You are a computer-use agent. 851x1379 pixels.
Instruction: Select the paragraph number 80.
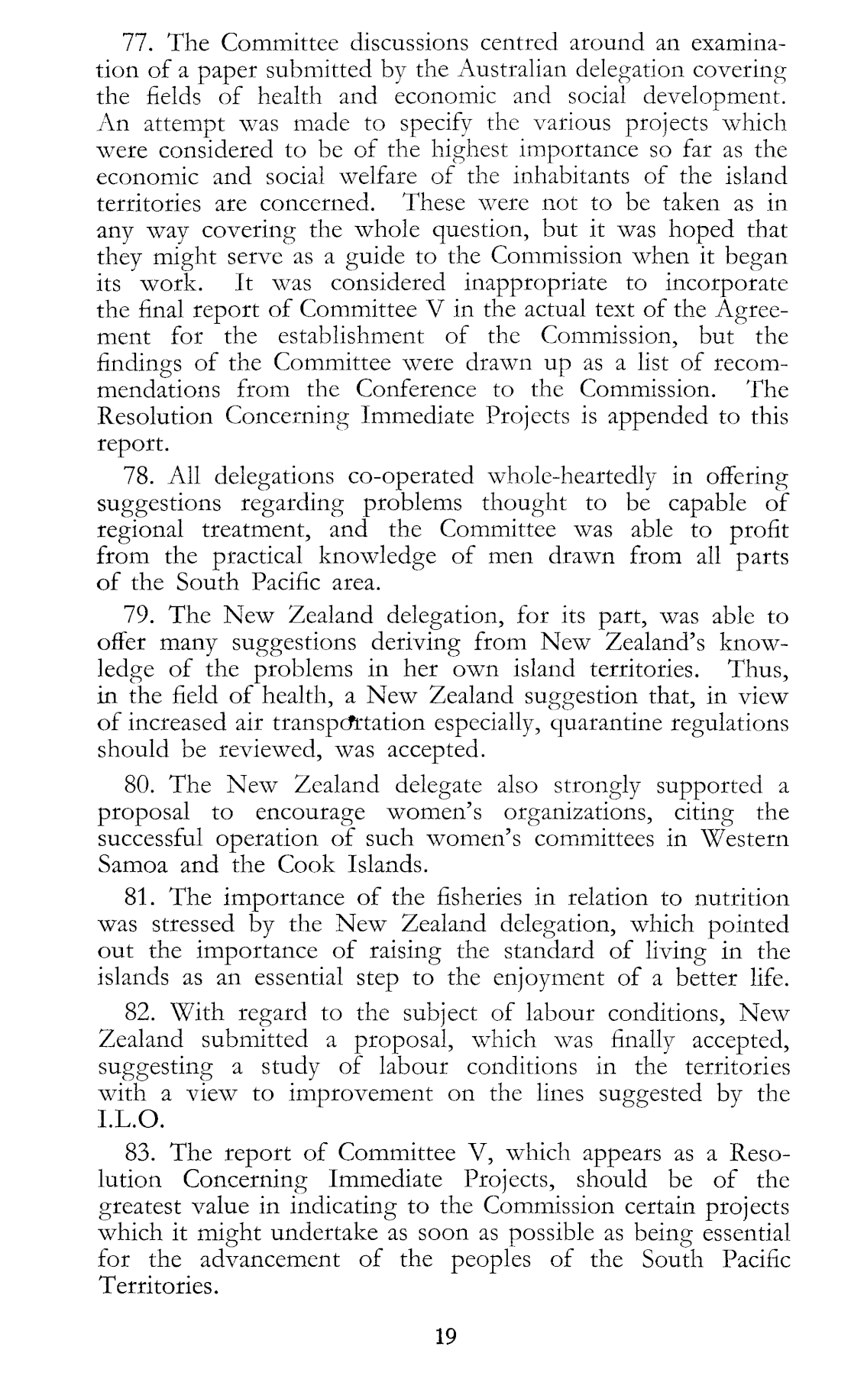pyautogui.click(x=140, y=785)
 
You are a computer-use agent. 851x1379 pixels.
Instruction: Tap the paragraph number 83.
pyautogui.click(x=140, y=1151)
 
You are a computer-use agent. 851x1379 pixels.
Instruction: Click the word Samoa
pyautogui.click(x=131, y=865)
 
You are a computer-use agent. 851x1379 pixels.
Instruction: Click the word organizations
pyautogui.click(x=563, y=812)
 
